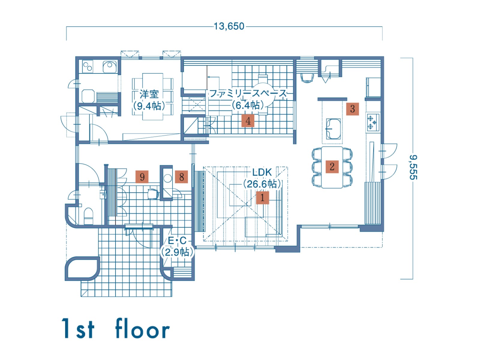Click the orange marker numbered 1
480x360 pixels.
pos(262,198)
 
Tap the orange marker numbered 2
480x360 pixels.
pos(332,167)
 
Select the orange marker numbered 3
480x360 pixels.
pos(352,109)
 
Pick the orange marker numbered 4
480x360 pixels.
pos(248,121)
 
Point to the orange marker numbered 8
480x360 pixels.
pos(181,177)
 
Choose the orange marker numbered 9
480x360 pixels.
pos(142,177)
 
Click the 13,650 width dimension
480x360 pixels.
pos(229,26)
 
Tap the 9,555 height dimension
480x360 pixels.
pos(413,167)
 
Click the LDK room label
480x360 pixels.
pos(262,172)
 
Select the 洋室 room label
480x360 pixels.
pos(149,94)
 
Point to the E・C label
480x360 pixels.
pos(177,241)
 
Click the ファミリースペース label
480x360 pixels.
pos(248,94)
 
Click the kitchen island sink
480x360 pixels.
pos(333,129)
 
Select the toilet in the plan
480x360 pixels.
pos(88,216)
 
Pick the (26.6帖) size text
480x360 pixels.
pos(262,184)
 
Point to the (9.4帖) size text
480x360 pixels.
pos(149,106)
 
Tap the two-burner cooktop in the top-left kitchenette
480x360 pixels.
pos(88,66)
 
